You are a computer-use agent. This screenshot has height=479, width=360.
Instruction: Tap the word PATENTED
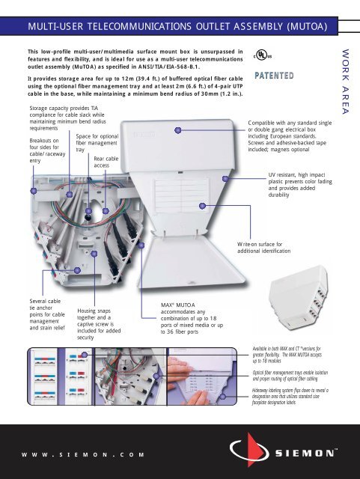pos(278,76)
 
